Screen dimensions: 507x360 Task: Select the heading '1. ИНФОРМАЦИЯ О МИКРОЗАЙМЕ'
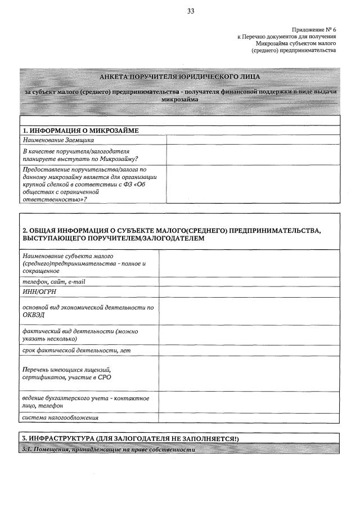point(80,131)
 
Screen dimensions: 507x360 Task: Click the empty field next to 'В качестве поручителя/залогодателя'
point(253,155)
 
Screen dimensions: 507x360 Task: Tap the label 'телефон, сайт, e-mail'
point(54,281)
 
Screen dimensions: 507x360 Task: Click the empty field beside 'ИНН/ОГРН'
point(249,291)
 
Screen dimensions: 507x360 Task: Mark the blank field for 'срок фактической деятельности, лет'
point(249,350)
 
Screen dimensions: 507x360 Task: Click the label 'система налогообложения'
point(61,418)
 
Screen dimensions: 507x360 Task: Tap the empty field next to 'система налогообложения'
point(249,418)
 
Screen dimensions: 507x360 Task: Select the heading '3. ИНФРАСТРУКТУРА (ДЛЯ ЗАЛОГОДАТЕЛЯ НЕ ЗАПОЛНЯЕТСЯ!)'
point(130,438)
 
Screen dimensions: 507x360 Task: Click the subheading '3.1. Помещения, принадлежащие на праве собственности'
point(109,450)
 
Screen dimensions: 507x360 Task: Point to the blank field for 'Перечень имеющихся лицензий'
point(249,373)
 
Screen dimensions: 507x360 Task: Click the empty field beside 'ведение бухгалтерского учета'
point(249,402)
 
